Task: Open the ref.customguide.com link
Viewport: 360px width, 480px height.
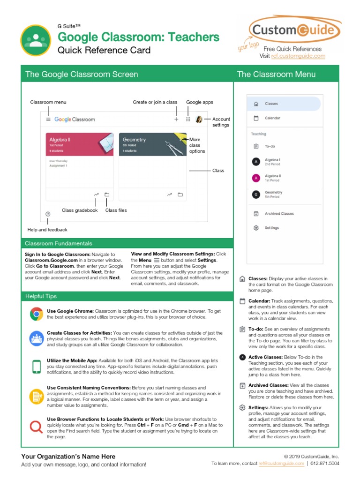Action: point(305,56)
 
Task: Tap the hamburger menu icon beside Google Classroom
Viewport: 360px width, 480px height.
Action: point(48,120)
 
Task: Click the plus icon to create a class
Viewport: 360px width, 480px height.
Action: point(176,120)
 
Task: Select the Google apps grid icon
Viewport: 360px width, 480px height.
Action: point(188,120)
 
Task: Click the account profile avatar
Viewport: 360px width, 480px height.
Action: point(199,120)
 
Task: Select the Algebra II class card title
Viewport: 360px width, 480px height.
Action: point(60,140)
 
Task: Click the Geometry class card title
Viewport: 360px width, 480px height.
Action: point(134,140)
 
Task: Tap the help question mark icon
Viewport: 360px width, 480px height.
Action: point(48,214)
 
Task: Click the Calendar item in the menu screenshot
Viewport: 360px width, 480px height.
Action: point(272,118)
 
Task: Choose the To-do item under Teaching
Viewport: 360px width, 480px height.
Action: point(270,146)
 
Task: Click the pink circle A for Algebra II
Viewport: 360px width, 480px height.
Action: point(256,178)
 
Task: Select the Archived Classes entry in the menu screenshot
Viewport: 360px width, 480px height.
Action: point(279,213)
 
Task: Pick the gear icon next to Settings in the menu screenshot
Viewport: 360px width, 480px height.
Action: point(256,228)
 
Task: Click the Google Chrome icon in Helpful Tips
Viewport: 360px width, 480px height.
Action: point(36,314)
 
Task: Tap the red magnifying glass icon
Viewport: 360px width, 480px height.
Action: point(36,427)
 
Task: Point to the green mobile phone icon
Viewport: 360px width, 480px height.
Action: point(36,366)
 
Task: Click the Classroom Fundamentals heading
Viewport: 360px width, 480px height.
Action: point(59,243)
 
